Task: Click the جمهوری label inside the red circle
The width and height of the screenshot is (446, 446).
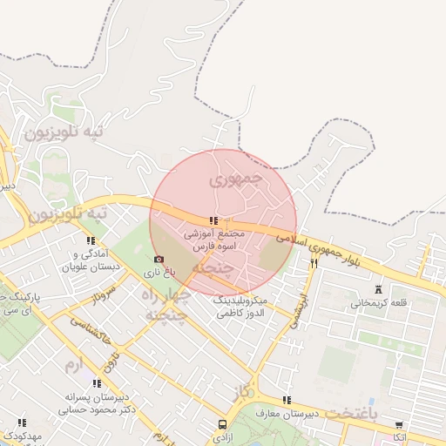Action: (236, 180)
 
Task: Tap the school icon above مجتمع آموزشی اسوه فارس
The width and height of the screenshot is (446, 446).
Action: (213, 221)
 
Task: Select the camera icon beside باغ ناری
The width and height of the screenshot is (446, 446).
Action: (158, 260)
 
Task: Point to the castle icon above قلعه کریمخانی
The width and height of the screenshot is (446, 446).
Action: (377, 289)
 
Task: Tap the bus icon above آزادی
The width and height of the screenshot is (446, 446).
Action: (223, 424)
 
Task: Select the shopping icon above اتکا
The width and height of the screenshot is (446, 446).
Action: (399, 425)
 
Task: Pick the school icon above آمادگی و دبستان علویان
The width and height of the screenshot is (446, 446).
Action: (90, 240)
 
